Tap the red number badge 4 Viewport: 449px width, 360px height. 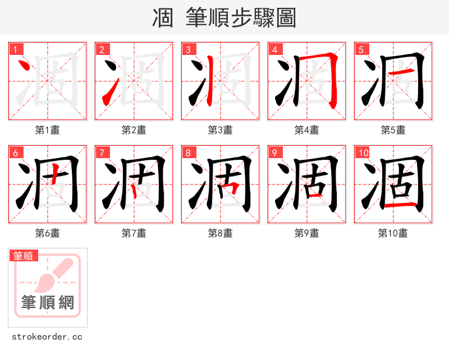tap(275, 49)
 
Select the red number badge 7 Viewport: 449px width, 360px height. tap(102, 153)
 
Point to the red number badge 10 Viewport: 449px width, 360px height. tap(363, 153)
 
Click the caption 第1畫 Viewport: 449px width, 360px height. tap(47, 130)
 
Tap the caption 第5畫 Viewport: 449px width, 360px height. tap(393, 130)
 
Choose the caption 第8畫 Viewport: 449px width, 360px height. tap(220, 233)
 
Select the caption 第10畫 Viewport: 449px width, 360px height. tap(393, 233)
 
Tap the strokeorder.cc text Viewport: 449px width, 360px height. tap(47, 337)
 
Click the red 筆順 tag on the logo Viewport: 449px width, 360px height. tap(24, 256)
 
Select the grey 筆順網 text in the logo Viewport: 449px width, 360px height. tap(48, 303)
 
